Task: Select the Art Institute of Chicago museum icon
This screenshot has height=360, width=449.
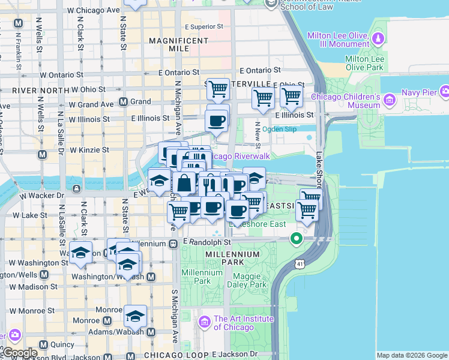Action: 204,323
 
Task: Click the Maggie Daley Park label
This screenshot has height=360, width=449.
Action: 247,281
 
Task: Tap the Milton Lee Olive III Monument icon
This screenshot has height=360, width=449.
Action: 378,40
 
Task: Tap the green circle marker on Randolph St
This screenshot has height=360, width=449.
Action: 296,239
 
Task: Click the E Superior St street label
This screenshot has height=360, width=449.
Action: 203,27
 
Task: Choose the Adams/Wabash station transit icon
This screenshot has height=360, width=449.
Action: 151,331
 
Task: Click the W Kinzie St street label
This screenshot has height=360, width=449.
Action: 89,150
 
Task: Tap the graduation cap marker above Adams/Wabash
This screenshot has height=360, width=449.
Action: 136,316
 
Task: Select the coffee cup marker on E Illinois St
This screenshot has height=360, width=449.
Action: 217,121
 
